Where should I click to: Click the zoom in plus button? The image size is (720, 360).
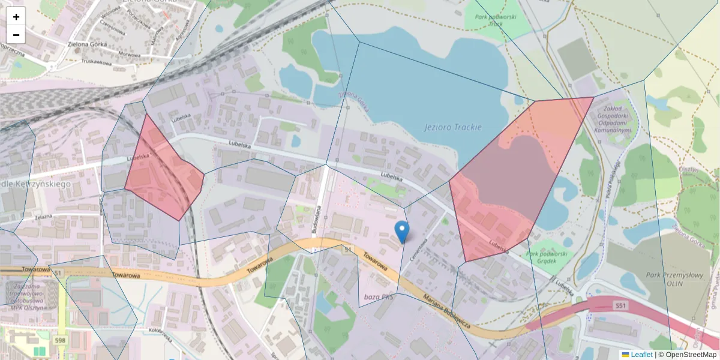tap(16, 17)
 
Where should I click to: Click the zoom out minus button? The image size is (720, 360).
tap(16, 35)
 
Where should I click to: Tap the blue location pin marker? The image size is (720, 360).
tap(402, 232)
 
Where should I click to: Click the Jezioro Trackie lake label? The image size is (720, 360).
tap(452, 127)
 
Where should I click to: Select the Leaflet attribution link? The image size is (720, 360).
tap(641, 355)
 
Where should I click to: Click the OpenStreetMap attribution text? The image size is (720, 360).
tap(691, 355)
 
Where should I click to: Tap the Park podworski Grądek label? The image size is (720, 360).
tap(547, 257)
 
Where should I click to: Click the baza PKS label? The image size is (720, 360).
tap(379, 297)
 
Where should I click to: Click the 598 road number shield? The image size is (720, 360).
tap(60, 341)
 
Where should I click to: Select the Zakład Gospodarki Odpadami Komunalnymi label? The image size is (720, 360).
tap(612, 119)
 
